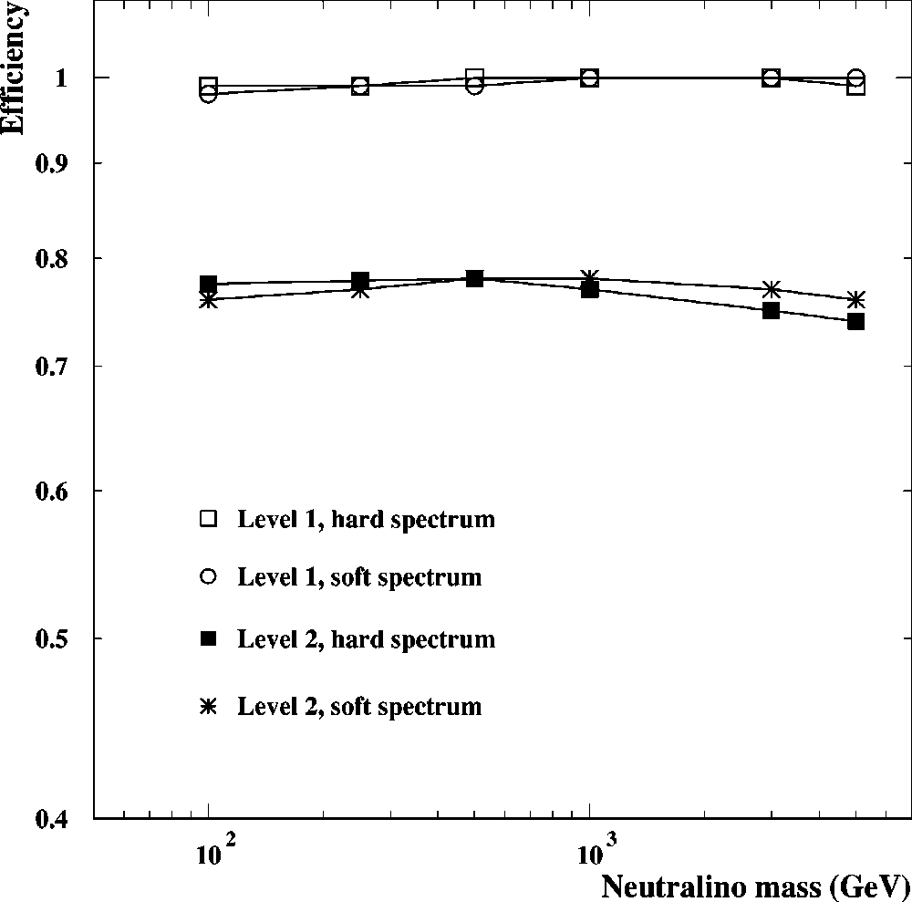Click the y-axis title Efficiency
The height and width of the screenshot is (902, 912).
coord(13,67)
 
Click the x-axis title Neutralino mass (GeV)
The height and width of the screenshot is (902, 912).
coord(755,885)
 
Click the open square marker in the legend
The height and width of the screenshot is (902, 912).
coord(209,519)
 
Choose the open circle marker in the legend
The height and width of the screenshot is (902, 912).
coord(209,576)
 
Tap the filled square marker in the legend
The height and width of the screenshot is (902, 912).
coord(209,639)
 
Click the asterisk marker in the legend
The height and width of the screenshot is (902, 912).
coord(209,705)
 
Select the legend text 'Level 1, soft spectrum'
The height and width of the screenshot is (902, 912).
coord(359,577)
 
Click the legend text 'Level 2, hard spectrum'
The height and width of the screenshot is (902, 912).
coord(366,639)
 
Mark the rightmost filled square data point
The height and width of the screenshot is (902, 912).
coord(855,321)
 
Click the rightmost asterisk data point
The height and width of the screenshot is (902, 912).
coord(855,300)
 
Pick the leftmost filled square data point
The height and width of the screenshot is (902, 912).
coord(209,284)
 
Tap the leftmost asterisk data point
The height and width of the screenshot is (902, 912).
coord(209,300)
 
